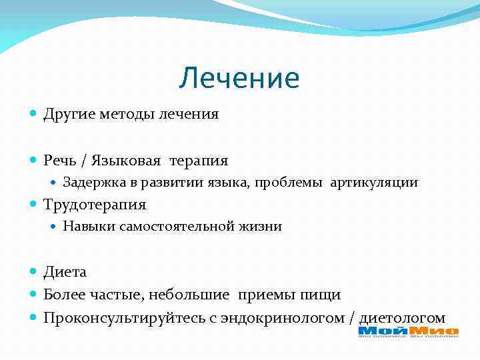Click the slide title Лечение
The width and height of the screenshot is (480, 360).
[x=239, y=79]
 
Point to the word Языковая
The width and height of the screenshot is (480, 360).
[x=127, y=161]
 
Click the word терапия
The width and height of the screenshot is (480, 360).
[x=199, y=161]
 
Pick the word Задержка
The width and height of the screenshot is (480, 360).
[x=91, y=183]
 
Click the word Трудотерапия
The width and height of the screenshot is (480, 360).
[x=94, y=205]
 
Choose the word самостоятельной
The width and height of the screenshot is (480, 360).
[x=176, y=227]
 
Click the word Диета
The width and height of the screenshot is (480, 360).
[x=65, y=273]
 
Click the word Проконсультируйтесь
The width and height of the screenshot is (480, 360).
[x=123, y=317]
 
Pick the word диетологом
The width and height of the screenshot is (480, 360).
[x=402, y=317]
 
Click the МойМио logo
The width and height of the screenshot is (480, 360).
[x=408, y=331]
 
